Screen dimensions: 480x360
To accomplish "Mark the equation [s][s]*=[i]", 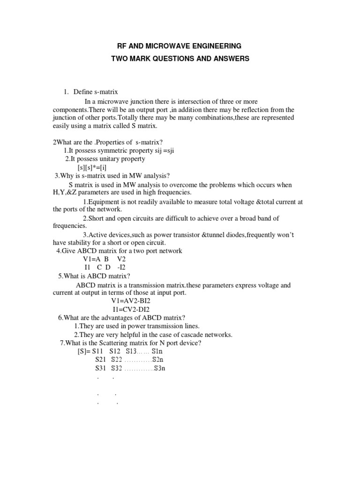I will click(x=95, y=167).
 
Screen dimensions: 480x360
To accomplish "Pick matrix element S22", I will click(x=116, y=360).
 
